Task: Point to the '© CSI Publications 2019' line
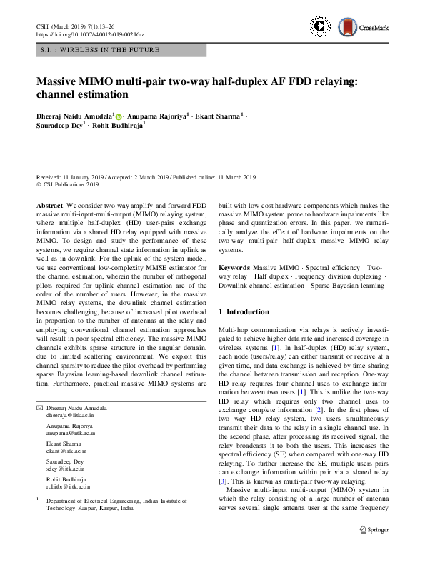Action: pos(68,184)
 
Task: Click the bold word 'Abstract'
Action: pos(50,205)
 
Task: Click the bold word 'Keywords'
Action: pos(236,266)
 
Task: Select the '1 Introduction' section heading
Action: pos(244,312)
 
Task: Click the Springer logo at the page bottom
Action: pos(373,529)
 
